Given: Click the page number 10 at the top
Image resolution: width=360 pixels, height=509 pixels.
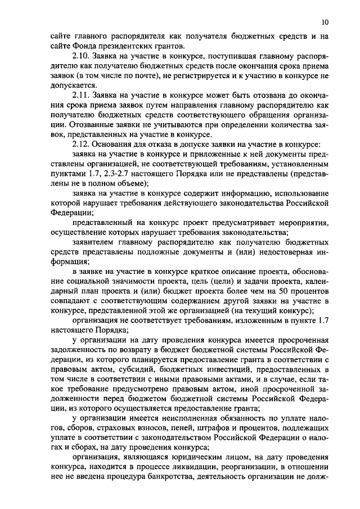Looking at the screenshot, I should (x=326, y=22).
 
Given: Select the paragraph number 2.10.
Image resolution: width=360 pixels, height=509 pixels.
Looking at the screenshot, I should (x=82, y=57).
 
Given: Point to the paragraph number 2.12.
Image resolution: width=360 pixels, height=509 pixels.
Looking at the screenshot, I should (x=82, y=144).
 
